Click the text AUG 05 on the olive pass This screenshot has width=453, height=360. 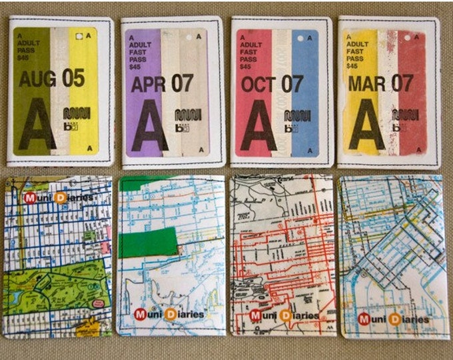(x=51, y=79)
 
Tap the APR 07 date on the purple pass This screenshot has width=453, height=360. (x=162, y=83)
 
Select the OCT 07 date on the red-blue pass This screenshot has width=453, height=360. (x=272, y=83)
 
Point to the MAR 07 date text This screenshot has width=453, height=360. (x=380, y=83)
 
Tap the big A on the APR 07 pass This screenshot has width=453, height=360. (x=150, y=127)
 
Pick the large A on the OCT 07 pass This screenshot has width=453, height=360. (x=258, y=127)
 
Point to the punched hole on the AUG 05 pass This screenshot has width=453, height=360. (x=79, y=35)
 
